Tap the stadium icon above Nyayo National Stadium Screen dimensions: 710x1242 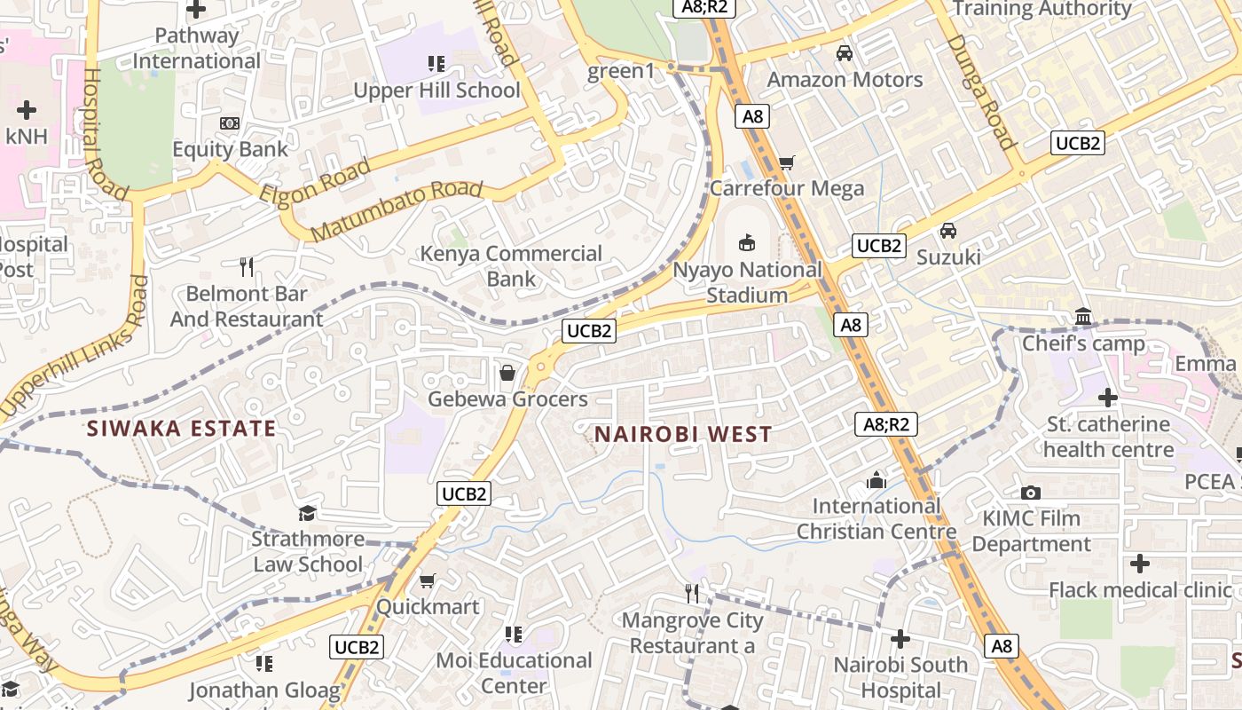coord(747,242)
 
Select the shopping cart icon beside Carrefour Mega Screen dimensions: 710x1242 coord(786,162)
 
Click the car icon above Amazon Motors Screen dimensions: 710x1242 coord(845,53)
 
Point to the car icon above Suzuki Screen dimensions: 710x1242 coord(948,231)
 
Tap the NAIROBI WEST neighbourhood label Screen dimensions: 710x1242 coord(683,434)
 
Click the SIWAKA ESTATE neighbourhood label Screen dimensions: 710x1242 coord(181,429)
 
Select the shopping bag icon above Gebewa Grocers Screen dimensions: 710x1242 coord(507,373)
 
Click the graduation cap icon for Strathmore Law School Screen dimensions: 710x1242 coord(307,513)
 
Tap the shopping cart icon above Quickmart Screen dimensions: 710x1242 coord(427,581)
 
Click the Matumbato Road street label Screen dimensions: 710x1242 coord(397,210)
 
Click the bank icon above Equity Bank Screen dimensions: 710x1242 coord(230,123)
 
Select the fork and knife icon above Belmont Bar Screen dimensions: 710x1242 coord(247,266)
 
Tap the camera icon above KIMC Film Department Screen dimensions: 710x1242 coord(1030,493)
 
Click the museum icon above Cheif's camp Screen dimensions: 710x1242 coord(1083,317)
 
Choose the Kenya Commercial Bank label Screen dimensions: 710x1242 coord(511,266)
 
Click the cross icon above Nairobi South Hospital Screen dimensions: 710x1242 coord(900,639)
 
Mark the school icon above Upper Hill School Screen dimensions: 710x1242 coord(436,64)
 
